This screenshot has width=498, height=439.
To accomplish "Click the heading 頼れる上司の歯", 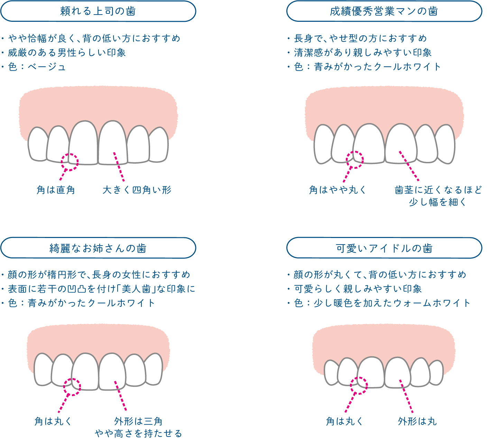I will click(98, 11).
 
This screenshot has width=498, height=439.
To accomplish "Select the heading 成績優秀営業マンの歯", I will click(384, 11).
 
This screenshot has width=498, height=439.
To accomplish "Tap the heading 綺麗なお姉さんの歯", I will click(98, 248).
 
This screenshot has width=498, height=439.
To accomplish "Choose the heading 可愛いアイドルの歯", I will click(384, 248).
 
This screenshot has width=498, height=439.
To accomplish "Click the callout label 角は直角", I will click(56, 190).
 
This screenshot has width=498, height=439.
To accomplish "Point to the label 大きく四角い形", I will click(137, 190).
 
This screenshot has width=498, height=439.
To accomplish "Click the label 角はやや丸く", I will click(338, 190).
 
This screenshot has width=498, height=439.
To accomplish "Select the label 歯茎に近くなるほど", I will click(438, 190).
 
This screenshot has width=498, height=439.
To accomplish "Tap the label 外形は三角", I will click(138, 421).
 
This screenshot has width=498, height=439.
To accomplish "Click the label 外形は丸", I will click(417, 421).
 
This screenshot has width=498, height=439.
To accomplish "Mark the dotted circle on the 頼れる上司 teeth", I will click(70, 162).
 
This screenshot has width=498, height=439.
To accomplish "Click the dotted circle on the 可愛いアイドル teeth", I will click(359, 386).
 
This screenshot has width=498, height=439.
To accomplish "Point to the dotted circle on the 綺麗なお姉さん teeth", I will click(72, 387).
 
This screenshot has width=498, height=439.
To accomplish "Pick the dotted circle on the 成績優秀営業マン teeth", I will click(355, 160).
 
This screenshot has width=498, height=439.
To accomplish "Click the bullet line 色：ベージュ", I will click(37, 67).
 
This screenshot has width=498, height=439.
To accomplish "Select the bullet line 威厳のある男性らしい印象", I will click(67, 53).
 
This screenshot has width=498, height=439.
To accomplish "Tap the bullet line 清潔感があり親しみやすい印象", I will click(363, 53).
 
